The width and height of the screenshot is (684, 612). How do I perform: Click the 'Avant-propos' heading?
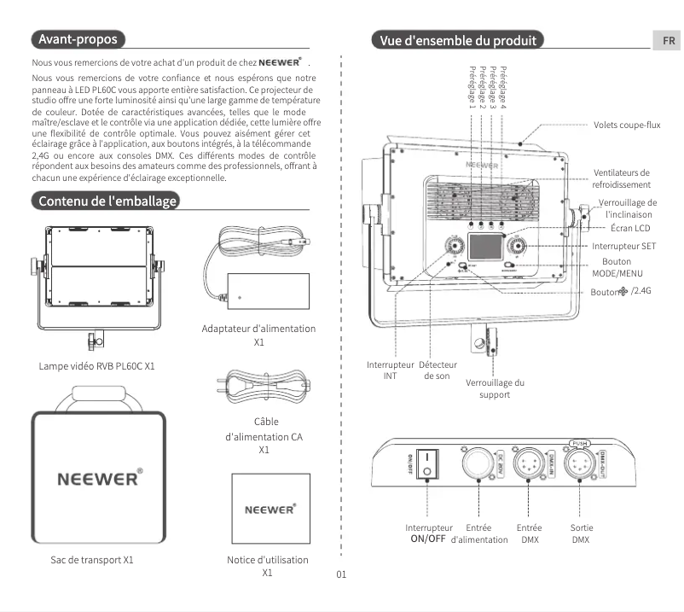coord(78,39)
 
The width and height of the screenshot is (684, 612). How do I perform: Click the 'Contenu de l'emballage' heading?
coord(105,201)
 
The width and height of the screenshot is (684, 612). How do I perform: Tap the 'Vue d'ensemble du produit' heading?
coord(458,40)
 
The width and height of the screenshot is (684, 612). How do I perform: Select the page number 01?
coord(341,574)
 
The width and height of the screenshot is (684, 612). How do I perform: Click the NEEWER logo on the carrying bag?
coord(98,477)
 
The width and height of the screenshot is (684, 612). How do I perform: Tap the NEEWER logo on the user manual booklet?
coord(270,510)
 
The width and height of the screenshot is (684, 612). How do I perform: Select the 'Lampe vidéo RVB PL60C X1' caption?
coord(96,366)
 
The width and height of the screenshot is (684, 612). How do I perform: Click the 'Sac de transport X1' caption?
coord(91,561)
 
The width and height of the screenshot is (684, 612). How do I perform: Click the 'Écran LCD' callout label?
coord(630,229)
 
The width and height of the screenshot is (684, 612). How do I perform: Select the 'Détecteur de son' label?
coord(438,370)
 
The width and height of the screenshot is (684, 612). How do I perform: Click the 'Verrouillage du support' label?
coord(495,388)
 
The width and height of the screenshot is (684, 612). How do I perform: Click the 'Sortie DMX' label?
coord(581,533)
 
